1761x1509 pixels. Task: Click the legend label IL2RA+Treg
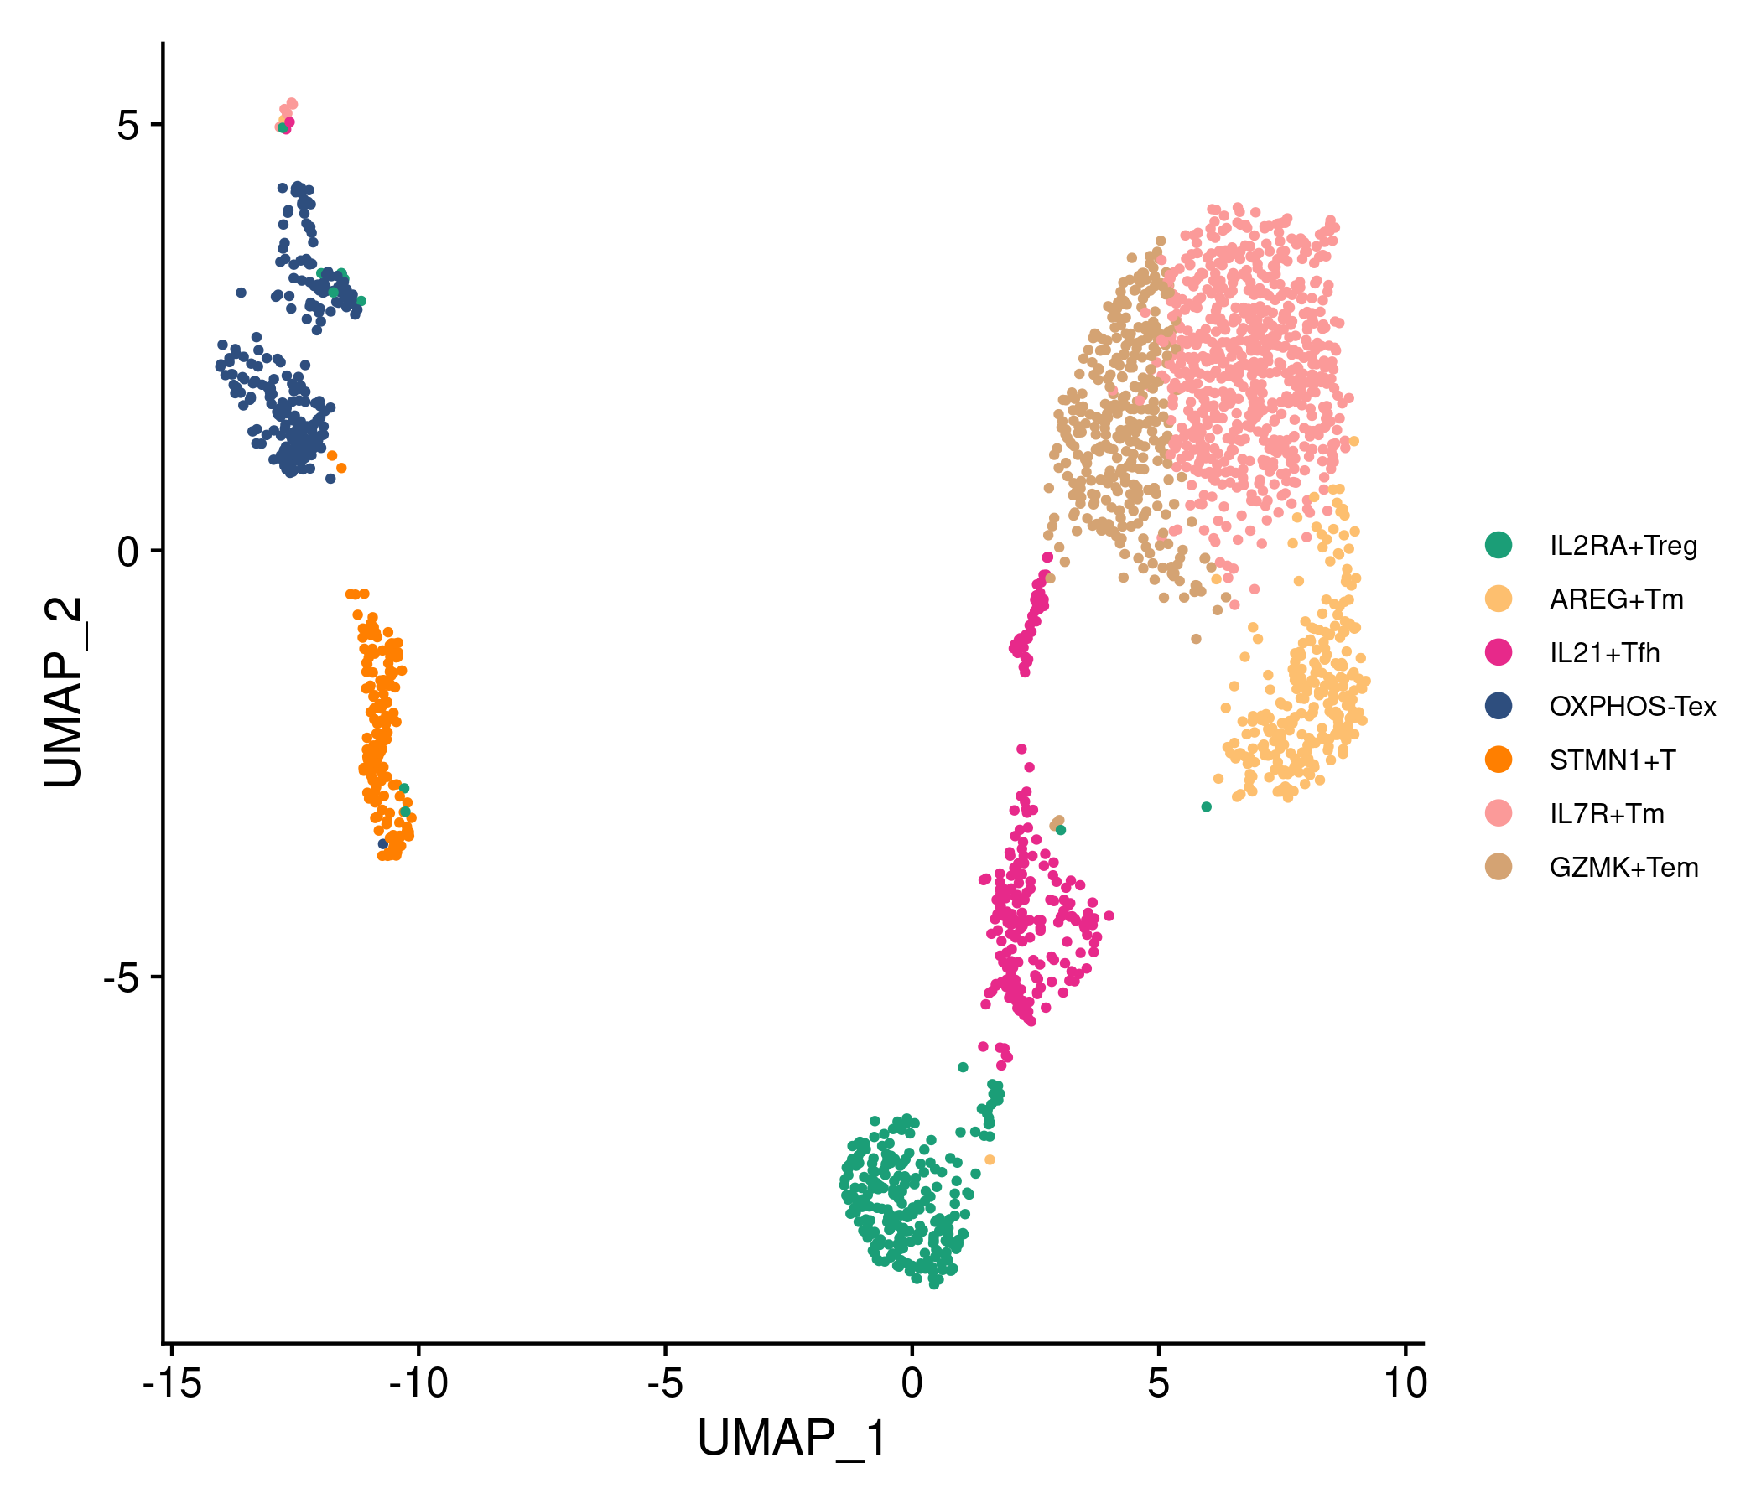click(1623, 546)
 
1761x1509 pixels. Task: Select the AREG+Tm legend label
click(1616, 599)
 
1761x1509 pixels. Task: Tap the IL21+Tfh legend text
click(1605, 652)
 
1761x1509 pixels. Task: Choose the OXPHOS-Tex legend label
click(1633, 706)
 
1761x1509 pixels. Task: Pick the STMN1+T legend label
click(1613, 760)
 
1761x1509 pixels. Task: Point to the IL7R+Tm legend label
click(1607, 814)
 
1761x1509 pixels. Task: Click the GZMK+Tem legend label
click(1624, 868)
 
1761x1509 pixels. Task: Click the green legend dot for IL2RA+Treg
click(1499, 545)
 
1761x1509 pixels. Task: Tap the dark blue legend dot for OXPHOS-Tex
click(1499, 706)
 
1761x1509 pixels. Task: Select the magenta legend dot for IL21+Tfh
click(1499, 652)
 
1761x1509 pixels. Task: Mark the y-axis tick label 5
click(128, 125)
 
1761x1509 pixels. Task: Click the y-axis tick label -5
click(121, 978)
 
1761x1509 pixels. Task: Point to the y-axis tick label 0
click(128, 552)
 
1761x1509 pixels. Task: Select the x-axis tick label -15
click(172, 1384)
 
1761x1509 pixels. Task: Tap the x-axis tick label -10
click(418, 1384)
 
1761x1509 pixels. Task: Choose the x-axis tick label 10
click(1405, 1384)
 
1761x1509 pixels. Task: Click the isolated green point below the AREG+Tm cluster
click(1206, 807)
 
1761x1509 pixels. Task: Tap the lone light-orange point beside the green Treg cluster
click(990, 1159)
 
